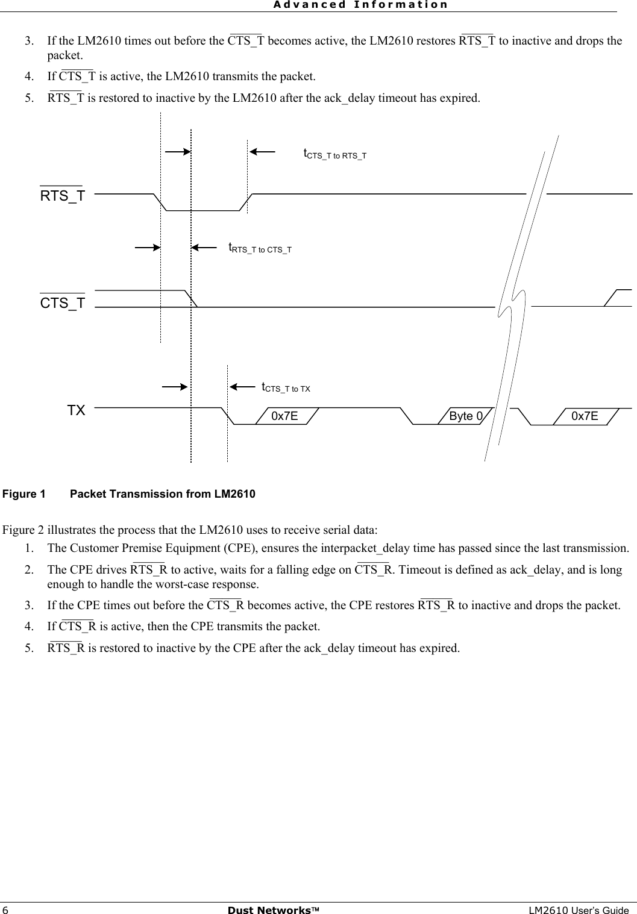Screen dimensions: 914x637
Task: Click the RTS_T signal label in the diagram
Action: point(63,196)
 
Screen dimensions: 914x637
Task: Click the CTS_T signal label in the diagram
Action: point(63,303)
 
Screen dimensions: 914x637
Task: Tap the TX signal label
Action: point(76,411)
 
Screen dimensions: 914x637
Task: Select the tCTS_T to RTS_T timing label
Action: point(334,154)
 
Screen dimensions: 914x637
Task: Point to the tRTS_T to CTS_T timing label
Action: point(260,248)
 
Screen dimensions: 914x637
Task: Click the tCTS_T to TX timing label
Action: point(286,387)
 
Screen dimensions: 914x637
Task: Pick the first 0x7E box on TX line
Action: point(284,416)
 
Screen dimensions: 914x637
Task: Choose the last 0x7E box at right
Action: point(585,416)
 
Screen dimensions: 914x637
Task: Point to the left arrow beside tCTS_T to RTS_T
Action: point(262,152)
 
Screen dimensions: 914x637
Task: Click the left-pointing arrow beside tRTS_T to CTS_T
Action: point(204,246)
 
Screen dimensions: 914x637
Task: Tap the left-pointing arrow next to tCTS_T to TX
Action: point(242,387)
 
